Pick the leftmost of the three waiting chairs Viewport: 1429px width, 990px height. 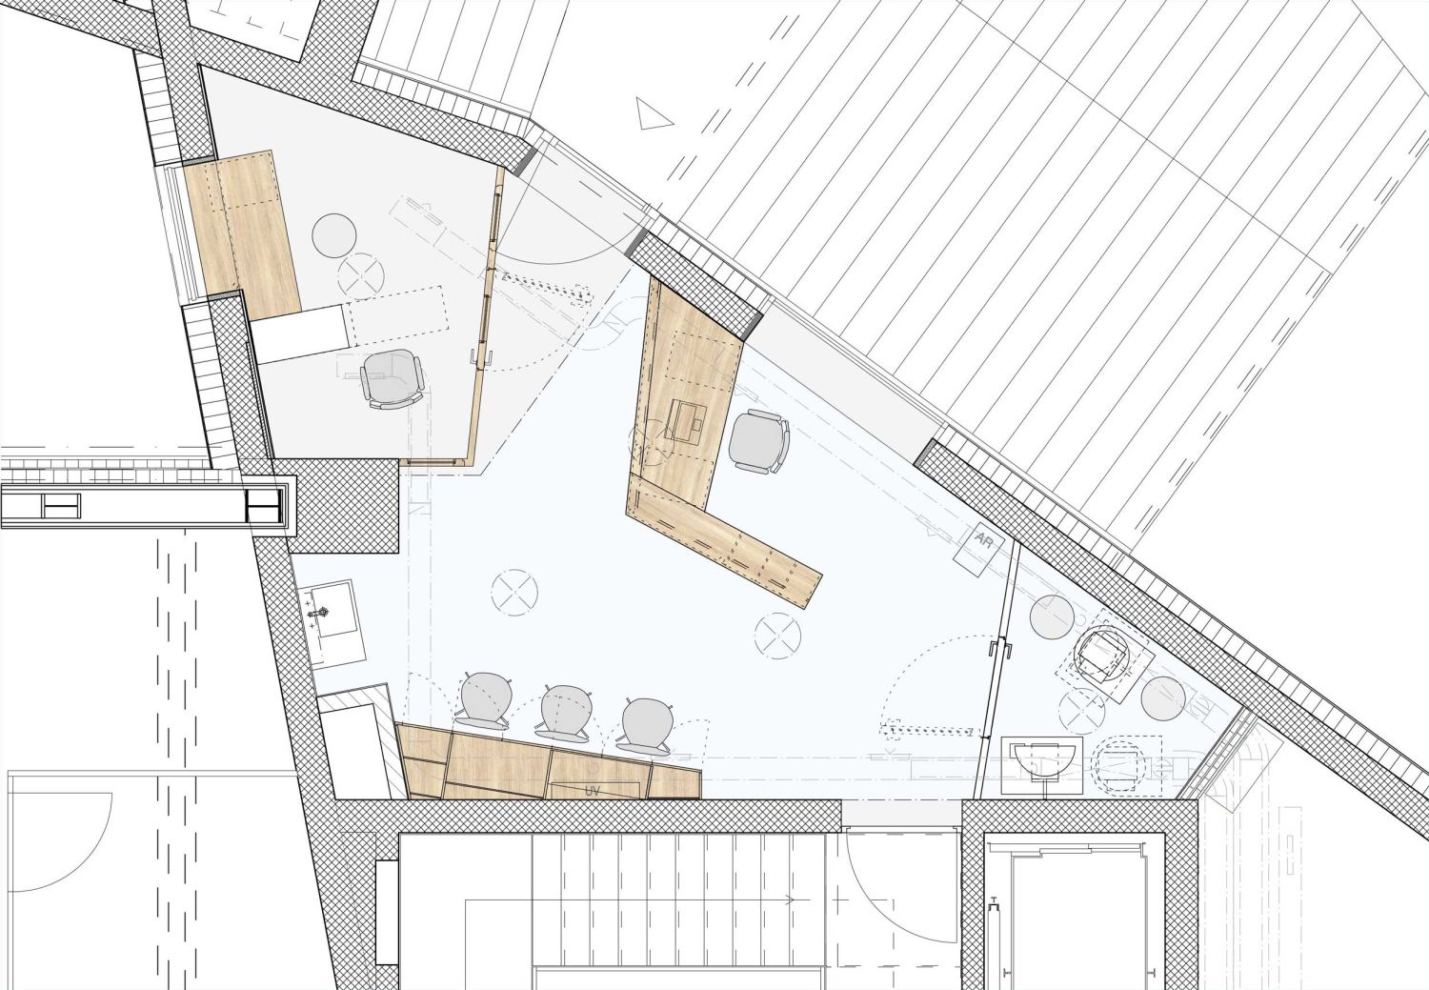click(486, 699)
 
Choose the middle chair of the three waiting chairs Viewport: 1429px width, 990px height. click(565, 713)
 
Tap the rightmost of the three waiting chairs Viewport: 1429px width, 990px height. click(645, 725)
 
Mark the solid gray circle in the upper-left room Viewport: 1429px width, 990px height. click(333, 235)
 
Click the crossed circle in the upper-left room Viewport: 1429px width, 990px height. click(361, 275)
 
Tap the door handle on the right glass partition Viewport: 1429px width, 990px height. click(1000, 652)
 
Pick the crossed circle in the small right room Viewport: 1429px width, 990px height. click(1082, 711)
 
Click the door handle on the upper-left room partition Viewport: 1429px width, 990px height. click(478, 358)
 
